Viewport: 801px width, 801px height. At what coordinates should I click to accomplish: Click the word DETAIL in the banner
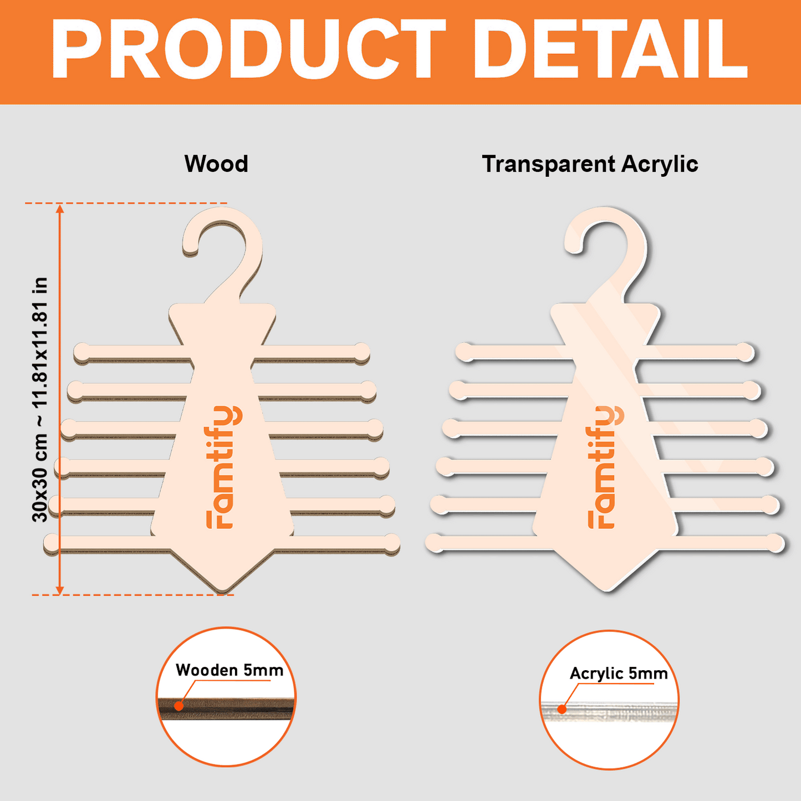click(611, 49)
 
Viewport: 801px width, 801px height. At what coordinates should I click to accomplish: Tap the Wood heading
click(216, 164)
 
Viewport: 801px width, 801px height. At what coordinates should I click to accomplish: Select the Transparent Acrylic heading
click(590, 164)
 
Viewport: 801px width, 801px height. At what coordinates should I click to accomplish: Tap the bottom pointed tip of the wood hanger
click(222, 591)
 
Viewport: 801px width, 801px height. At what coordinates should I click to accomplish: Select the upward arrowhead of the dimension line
click(60, 209)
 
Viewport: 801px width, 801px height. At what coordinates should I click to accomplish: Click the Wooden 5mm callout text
click(229, 670)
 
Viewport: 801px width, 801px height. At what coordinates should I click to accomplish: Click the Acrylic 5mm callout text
click(619, 674)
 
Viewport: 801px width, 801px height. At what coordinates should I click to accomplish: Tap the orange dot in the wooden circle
click(178, 706)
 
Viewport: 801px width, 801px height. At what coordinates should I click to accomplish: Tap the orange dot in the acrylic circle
click(562, 709)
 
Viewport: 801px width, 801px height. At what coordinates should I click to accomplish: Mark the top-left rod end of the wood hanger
click(82, 351)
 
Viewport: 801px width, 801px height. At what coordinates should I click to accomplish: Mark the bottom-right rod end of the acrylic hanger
click(776, 543)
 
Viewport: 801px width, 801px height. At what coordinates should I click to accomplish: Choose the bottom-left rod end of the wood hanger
click(52, 543)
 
